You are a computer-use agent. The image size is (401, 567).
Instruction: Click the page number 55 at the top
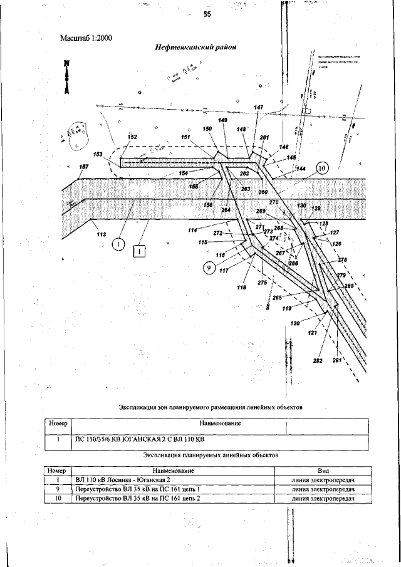click(x=206, y=17)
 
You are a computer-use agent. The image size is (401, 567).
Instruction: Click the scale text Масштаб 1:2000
click(x=86, y=38)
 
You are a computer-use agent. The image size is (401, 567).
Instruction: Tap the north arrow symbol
click(x=66, y=75)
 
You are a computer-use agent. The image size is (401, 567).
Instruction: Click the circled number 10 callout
click(x=321, y=168)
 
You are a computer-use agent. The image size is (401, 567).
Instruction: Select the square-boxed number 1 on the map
click(x=139, y=251)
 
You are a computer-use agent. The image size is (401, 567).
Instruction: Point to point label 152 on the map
click(x=132, y=137)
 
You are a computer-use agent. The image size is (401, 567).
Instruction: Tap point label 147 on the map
click(x=259, y=107)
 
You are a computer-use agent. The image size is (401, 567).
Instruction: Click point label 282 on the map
click(x=317, y=362)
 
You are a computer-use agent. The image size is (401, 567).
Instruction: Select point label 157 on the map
click(x=83, y=167)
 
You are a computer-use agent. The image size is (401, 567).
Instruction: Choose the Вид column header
click(x=324, y=470)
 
